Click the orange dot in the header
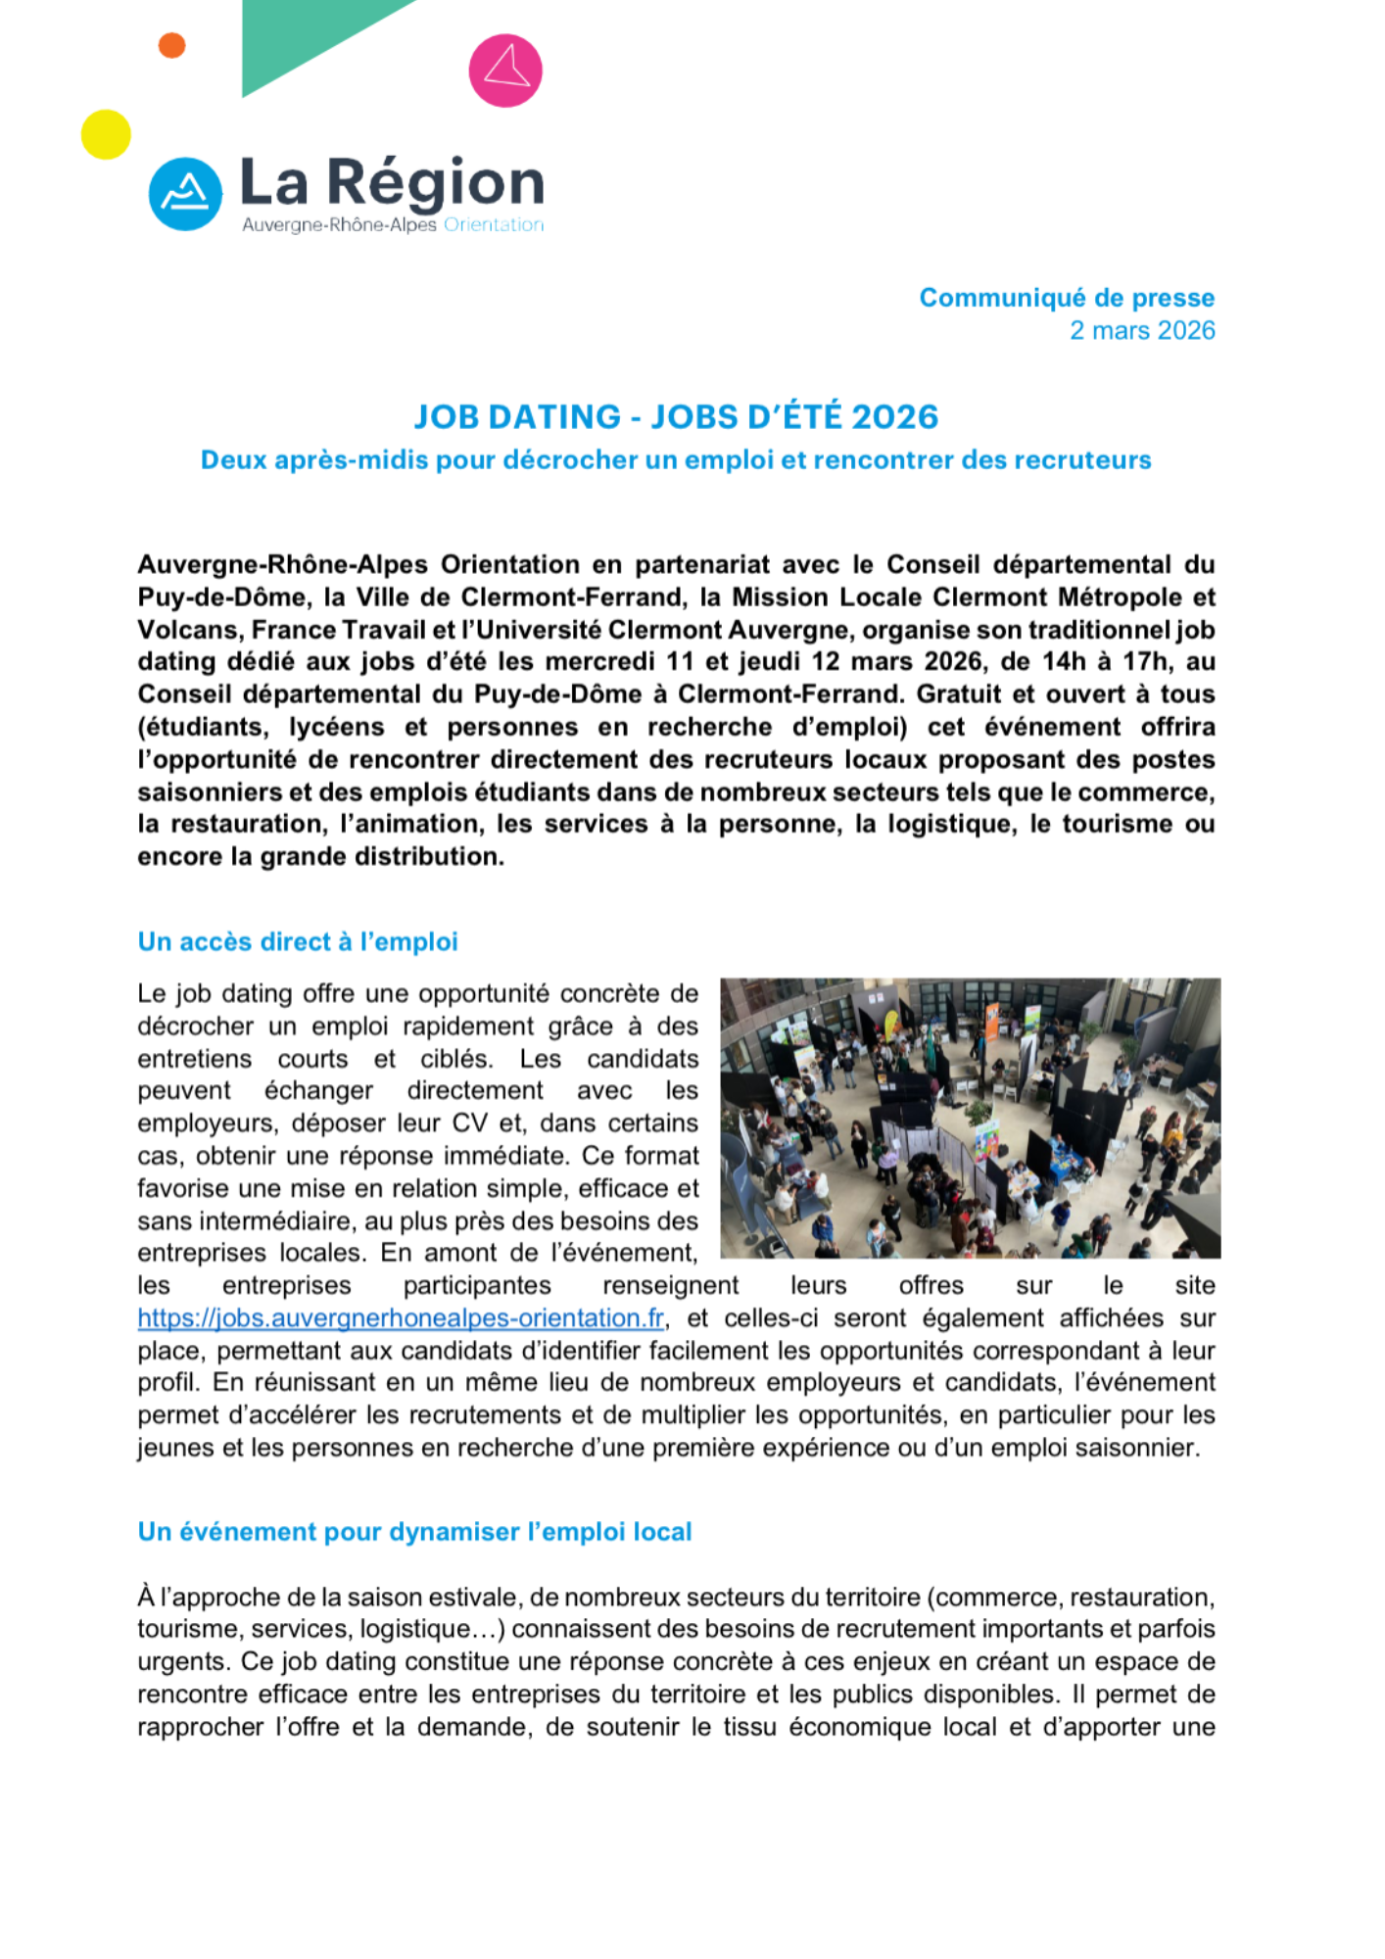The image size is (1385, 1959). pyautogui.click(x=171, y=45)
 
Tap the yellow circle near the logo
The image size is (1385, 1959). pyautogui.click(x=106, y=134)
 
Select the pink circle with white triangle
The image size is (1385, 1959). pyautogui.click(x=505, y=71)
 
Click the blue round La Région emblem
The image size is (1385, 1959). pyautogui.click(x=185, y=194)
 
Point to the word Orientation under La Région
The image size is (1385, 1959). pyautogui.click(x=494, y=225)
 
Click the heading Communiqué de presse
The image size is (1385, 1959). pyautogui.click(x=1066, y=298)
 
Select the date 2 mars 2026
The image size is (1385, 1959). pyautogui.click(x=1141, y=331)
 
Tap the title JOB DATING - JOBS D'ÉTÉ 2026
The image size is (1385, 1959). pyautogui.click(x=676, y=417)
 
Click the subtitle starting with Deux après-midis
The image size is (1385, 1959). pyautogui.click(x=676, y=460)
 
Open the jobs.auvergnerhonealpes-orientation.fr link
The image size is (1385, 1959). pyautogui.click(x=401, y=1318)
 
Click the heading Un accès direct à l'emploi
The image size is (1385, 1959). pyautogui.click(x=298, y=942)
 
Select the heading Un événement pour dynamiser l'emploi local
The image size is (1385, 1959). pyautogui.click(x=414, y=1532)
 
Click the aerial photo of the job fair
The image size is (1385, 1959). pyautogui.click(x=970, y=1118)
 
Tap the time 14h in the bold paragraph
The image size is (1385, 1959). pyautogui.click(x=1064, y=662)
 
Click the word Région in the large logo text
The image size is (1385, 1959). pyautogui.click(x=435, y=183)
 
